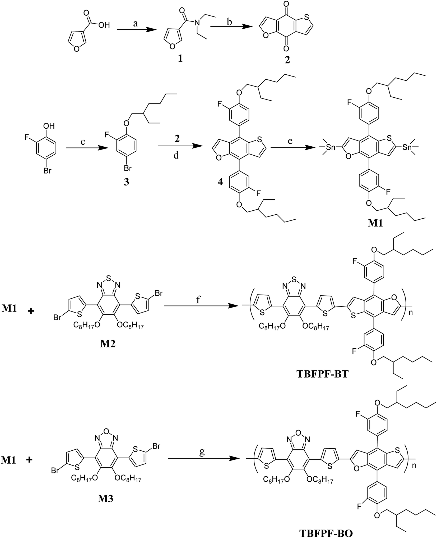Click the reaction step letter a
coord(136,24)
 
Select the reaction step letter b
coord(229,22)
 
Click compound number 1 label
coord(180,59)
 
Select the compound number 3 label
coord(126,183)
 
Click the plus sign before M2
coord(31,311)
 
